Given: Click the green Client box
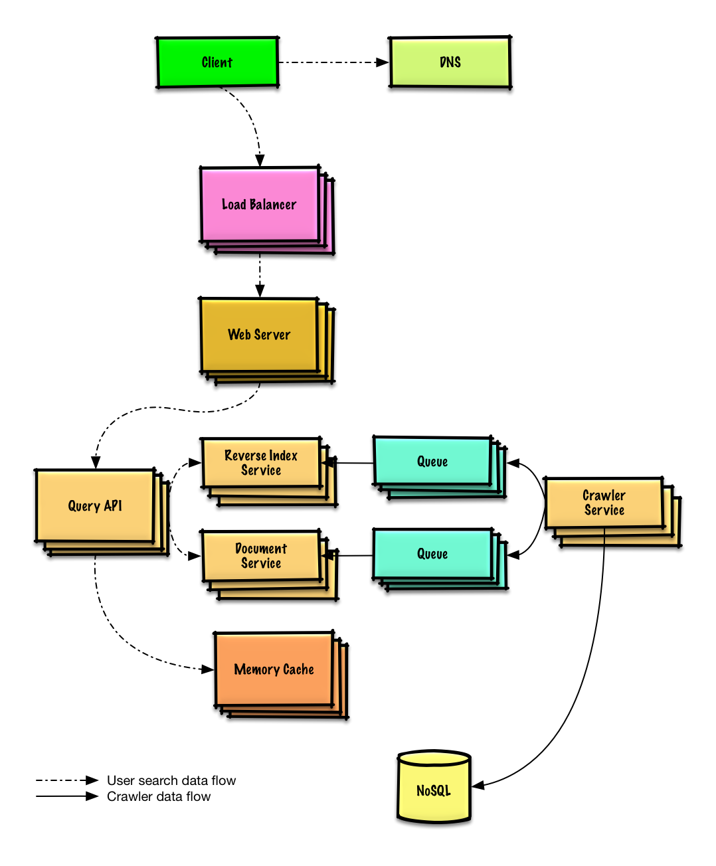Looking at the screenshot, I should click(x=217, y=62).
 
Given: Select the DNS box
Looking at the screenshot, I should click(x=450, y=62).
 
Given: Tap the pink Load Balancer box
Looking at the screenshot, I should click(x=260, y=205).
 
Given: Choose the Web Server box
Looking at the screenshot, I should click(x=259, y=335).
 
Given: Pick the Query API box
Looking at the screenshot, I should click(x=95, y=506).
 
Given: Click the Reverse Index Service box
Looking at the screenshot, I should click(x=261, y=463).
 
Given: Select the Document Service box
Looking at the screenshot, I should click(x=261, y=556).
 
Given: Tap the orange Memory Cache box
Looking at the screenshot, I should click(x=274, y=669).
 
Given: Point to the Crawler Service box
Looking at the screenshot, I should click(x=604, y=503).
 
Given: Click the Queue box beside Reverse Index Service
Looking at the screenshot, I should click(x=432, y=462).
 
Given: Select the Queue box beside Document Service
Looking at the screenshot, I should click(x=432, y=554).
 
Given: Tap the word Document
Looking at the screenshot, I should click(x=261, y=549).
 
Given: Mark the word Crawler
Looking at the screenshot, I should click(x=604, y=495).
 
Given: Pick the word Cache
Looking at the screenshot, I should click(x=298, y=669).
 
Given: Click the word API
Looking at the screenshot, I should click(x=113, y=506).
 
